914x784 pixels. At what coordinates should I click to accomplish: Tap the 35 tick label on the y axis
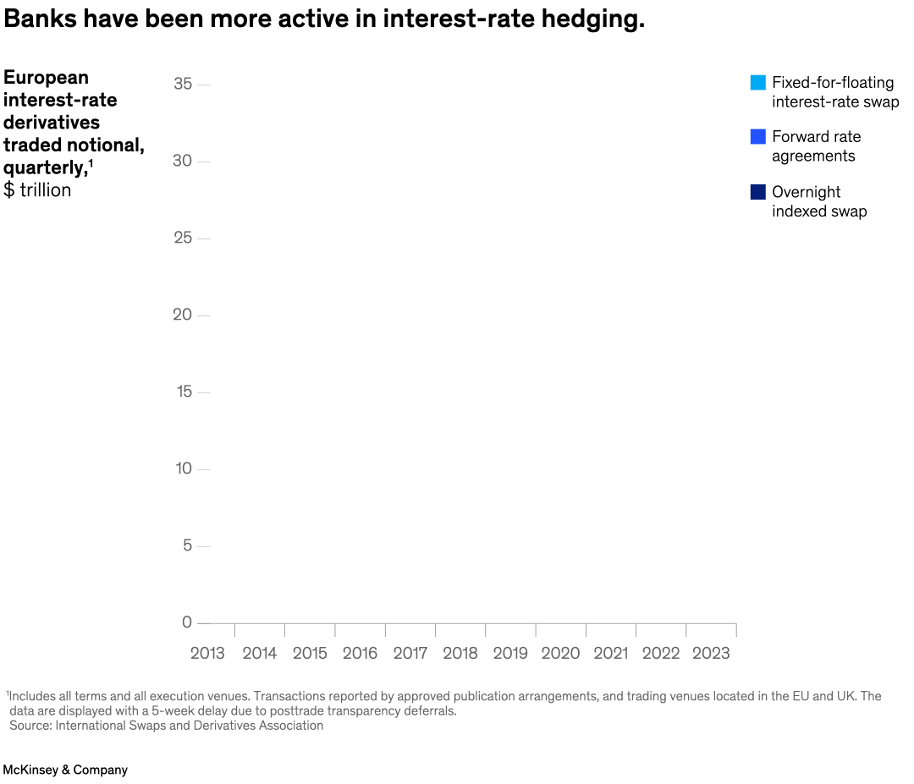coord(182,84)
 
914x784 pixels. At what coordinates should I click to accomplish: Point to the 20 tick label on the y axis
coord(182,315)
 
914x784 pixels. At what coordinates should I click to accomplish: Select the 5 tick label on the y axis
coord(187,546)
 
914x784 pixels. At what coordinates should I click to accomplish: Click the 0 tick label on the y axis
coord(187,622)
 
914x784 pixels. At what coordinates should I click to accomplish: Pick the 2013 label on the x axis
coord(207,653)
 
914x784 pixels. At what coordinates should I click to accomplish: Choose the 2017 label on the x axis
coord(410,653)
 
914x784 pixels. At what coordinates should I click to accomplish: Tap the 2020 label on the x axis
coord(560,653)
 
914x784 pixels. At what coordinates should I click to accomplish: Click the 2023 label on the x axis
coord(711,653)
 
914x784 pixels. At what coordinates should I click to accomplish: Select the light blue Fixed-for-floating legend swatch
coord(757,83)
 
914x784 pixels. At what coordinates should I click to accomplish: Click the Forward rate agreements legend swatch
coord(757,136)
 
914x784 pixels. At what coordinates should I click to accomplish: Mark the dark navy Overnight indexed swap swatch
coord(757,192)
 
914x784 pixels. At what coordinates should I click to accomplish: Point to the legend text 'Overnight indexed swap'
coord(818,201)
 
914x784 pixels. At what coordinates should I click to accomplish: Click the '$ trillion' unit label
coord(37,190)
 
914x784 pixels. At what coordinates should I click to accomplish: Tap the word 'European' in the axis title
coord(46,78)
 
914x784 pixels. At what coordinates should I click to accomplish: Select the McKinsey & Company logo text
coord(65,770)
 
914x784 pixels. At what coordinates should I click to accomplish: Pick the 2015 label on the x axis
coord(310,653)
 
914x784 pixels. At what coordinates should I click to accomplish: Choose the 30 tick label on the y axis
coord(182,161)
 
